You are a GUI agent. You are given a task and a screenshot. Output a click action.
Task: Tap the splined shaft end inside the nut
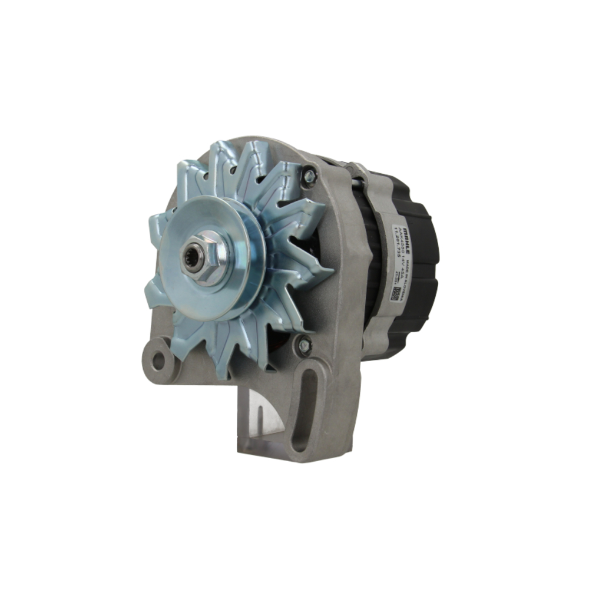[x=194, y=257]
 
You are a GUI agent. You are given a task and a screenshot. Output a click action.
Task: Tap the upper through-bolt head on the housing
[x=308, y=175]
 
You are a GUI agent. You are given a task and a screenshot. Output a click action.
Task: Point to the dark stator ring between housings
[x=371, y=259]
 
